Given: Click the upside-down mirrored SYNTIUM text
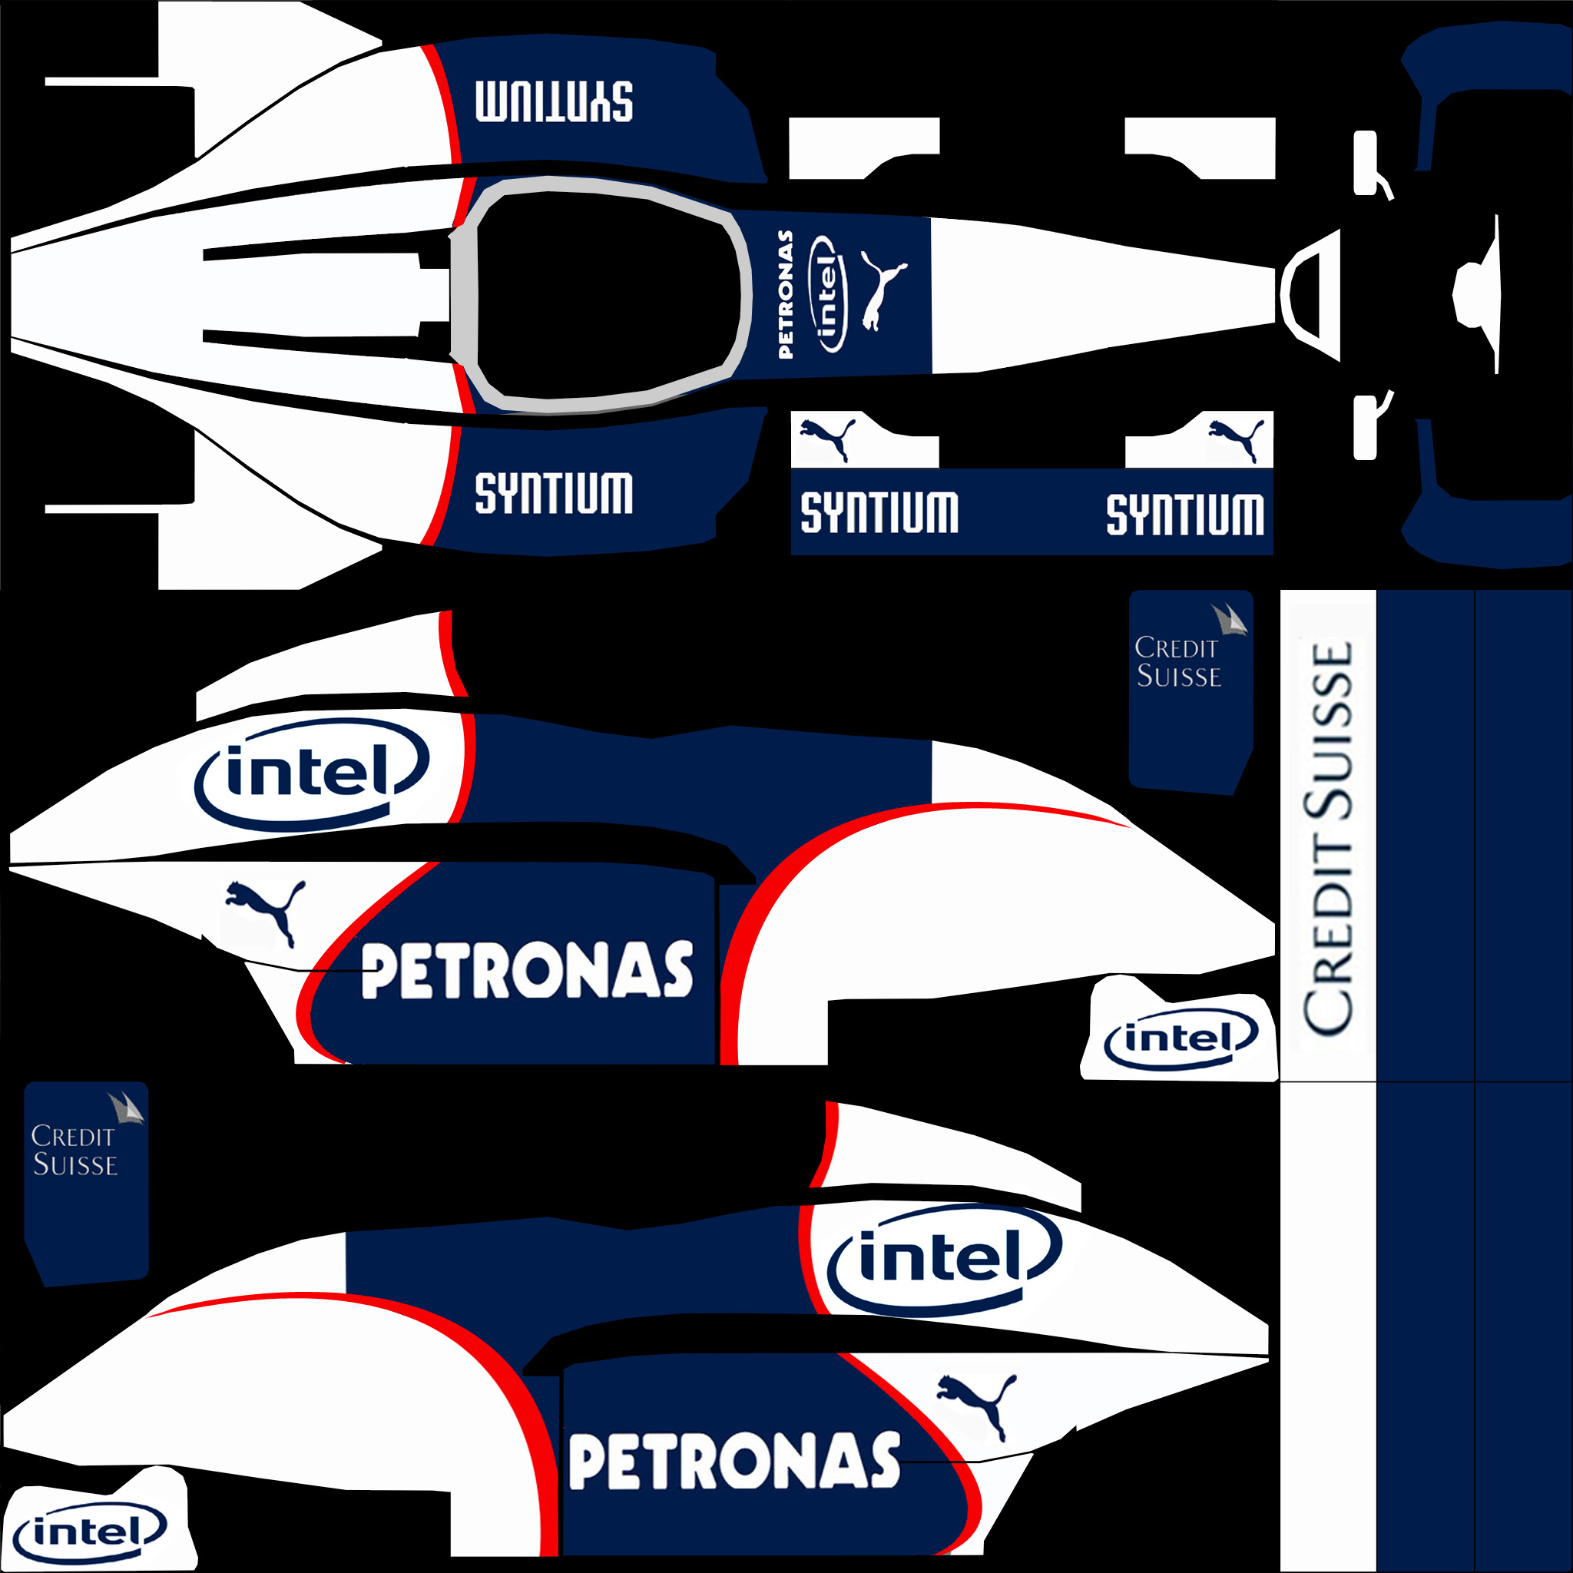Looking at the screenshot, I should tap(554, 102).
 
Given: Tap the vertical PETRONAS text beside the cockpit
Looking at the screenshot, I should tap(786, 294).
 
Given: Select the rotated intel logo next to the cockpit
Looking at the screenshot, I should tap(827, 293).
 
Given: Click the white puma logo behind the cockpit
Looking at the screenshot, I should tap(881, 290).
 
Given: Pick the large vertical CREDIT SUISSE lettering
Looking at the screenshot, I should tap(1329, 839).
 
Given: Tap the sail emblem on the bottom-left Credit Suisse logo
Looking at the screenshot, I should tap(125, 1109).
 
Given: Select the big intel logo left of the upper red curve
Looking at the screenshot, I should tap(311, 773).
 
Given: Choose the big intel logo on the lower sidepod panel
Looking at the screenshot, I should tap(943, 1259).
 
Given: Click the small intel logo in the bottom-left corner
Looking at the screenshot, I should tap(90, 1532).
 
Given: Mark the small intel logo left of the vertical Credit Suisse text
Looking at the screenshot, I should tap(1181, 1039).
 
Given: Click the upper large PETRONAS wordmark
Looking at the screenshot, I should tap(527, 971).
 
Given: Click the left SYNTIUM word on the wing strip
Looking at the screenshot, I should tap(879, 513).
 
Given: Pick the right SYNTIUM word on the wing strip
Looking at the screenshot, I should tap(1184, 515).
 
